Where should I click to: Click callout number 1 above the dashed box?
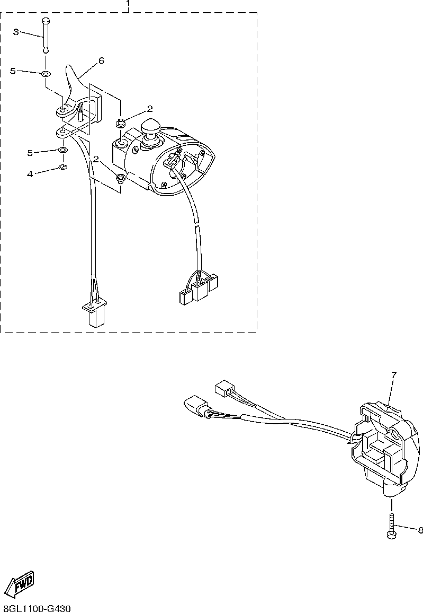[128, 4]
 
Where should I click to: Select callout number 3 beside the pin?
[16, 32]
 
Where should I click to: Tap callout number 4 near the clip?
[30, 173]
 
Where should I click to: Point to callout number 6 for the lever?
[101, 60]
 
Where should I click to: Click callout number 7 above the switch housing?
[393, 375]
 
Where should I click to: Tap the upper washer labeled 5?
[47, 73]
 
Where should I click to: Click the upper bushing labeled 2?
[120, 124]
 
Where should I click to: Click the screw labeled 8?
[392, 527]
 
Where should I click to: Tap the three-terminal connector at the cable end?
[199, 288]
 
